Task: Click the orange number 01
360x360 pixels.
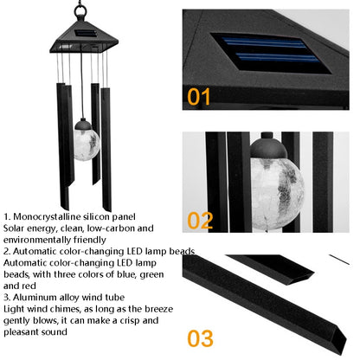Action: [199, 97]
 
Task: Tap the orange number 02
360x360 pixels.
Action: [200, 221]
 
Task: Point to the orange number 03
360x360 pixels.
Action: [200, 338]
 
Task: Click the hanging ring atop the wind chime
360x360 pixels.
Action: [80, 11]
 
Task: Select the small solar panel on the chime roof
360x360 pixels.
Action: [86, 33]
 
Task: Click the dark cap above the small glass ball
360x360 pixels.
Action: [83, 125]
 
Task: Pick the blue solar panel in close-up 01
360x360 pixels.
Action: [271, 54]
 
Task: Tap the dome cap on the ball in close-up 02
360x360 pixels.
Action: [268, 146]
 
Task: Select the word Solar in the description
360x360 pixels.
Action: [14, 228]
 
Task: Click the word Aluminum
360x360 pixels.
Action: [35, 297]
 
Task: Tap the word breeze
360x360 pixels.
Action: [158, 309]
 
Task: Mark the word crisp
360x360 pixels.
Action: [126, 321]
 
